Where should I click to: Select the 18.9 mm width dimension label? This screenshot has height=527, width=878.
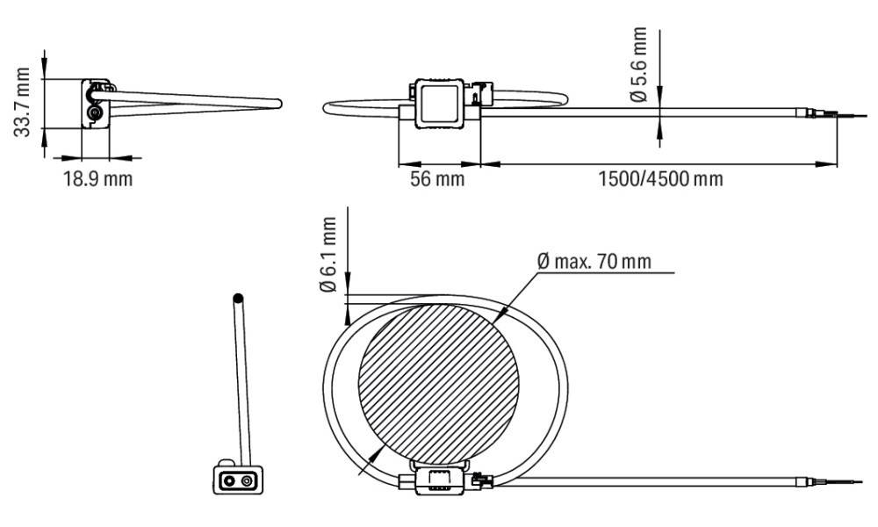97,180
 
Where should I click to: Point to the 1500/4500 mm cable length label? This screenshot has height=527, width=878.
660,180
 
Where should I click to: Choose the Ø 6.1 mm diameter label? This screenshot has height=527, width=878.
327,255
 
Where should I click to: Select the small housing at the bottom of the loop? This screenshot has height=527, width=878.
436,481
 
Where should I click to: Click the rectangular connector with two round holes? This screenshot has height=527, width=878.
233,480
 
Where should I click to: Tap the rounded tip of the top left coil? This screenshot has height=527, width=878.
277,104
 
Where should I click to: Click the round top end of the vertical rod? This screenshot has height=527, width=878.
237,299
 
